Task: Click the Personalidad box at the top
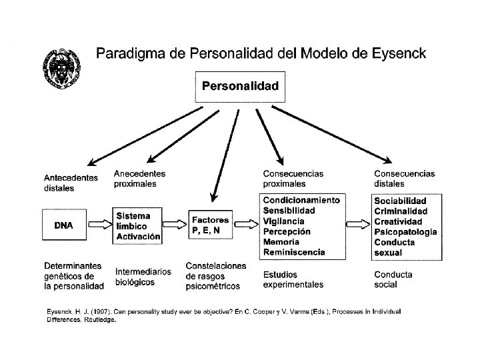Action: pyautogui.click(x=241, y=86)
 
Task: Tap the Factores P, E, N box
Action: pyautogui.click(x=211, y=225)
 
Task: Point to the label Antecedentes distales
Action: pyautogui.click(x=71, y=183)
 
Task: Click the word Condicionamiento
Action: pyautogui.click(x=301, y=200)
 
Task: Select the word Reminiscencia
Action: pyautogui.click(x=294, y=252)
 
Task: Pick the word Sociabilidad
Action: pyautogui.click(x=400, y=201)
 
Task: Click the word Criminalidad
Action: pyautogui.click(x=401, y=211)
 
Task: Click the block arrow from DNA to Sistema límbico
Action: pyautogui.click(x=100, y=225)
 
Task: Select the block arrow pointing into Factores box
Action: pyautogui.click(x=175, y=225)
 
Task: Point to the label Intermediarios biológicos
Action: pyautogui.click(x=143, y=277)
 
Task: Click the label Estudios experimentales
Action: pyautogui.click(x=293, y=279)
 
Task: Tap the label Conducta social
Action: pyautogui.click(x=393, y=279)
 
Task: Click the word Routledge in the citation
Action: pyautogui.click(x=99, y=319)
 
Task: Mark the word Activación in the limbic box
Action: pyautogui.click(x=139, y=235)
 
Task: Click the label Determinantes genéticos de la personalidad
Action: pyautogui.click(x=74, y=275)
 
